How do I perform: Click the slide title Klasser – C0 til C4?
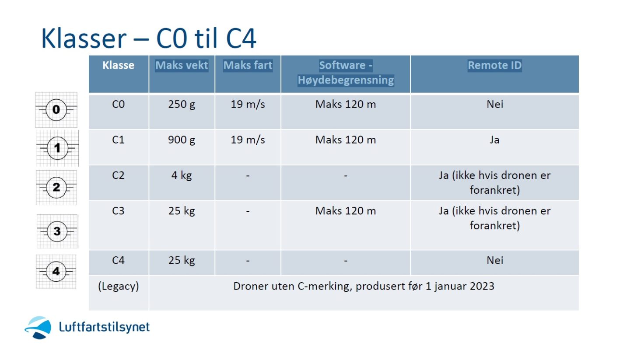pyautogui.click(x=148, y=38)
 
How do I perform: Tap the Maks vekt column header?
pyautogui.click(x=182, y=65)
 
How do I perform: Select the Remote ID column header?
pyautogui.click(x=494, y=65)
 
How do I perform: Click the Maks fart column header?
pyautogui.click(x=248, y=65)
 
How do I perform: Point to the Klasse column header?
pyautogui.click(x=119, y=65)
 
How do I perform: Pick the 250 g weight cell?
pyautogui.click(x=182, y=105)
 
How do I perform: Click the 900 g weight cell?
pyautogui.click(x=182, y=140)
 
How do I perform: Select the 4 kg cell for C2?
pyautogui.click(x=182, y=175)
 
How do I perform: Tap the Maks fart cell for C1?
pyautogui.click(x=248, y=140)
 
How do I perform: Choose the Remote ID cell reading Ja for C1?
pyautogui.click(x=494, y=140)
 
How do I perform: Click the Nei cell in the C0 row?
pyautogui.click(x=495, y=105)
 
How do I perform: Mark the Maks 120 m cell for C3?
pyautogui.click(x=345, y=211)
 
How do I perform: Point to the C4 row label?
pyautogui.click(x=118, y=260)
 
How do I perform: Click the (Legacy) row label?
pyautogui.click(x=119, y=287)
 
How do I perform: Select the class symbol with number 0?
pyautogui.click(x=56, y=110)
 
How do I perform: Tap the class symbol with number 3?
pyautogui.click(x=57, y=231)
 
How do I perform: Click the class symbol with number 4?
pyautogui.click(x=56, y=271)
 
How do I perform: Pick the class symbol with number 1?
pyautogui.click(x=58, y=148)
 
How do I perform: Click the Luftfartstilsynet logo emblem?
pyautogui.click(x=38, y=327)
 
